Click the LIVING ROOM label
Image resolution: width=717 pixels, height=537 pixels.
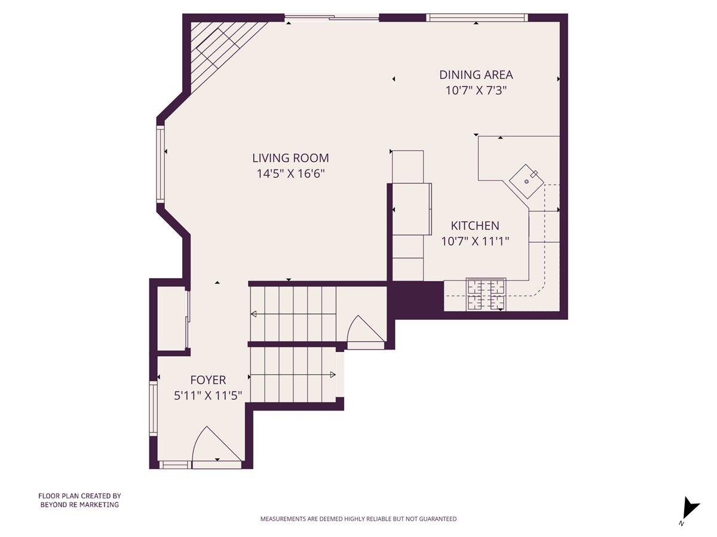click(290, 158)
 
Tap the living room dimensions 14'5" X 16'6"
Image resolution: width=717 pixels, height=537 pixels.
click(290, 174)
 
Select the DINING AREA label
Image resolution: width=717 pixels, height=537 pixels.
click(476, 75)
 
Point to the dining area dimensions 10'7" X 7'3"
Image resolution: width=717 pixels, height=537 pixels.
click(476, 91)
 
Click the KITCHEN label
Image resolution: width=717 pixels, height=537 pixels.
click(475, 226)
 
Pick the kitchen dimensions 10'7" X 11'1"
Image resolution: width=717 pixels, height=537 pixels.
click(475, 241)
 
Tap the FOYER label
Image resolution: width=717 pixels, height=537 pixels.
click(208, 379)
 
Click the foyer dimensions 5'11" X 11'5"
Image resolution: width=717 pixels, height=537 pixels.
click(208, 395)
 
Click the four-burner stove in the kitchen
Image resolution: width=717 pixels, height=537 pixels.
click(486, 295)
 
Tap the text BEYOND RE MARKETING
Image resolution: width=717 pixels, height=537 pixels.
click(79, 505)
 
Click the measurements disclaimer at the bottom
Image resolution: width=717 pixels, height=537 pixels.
click(358, 519)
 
